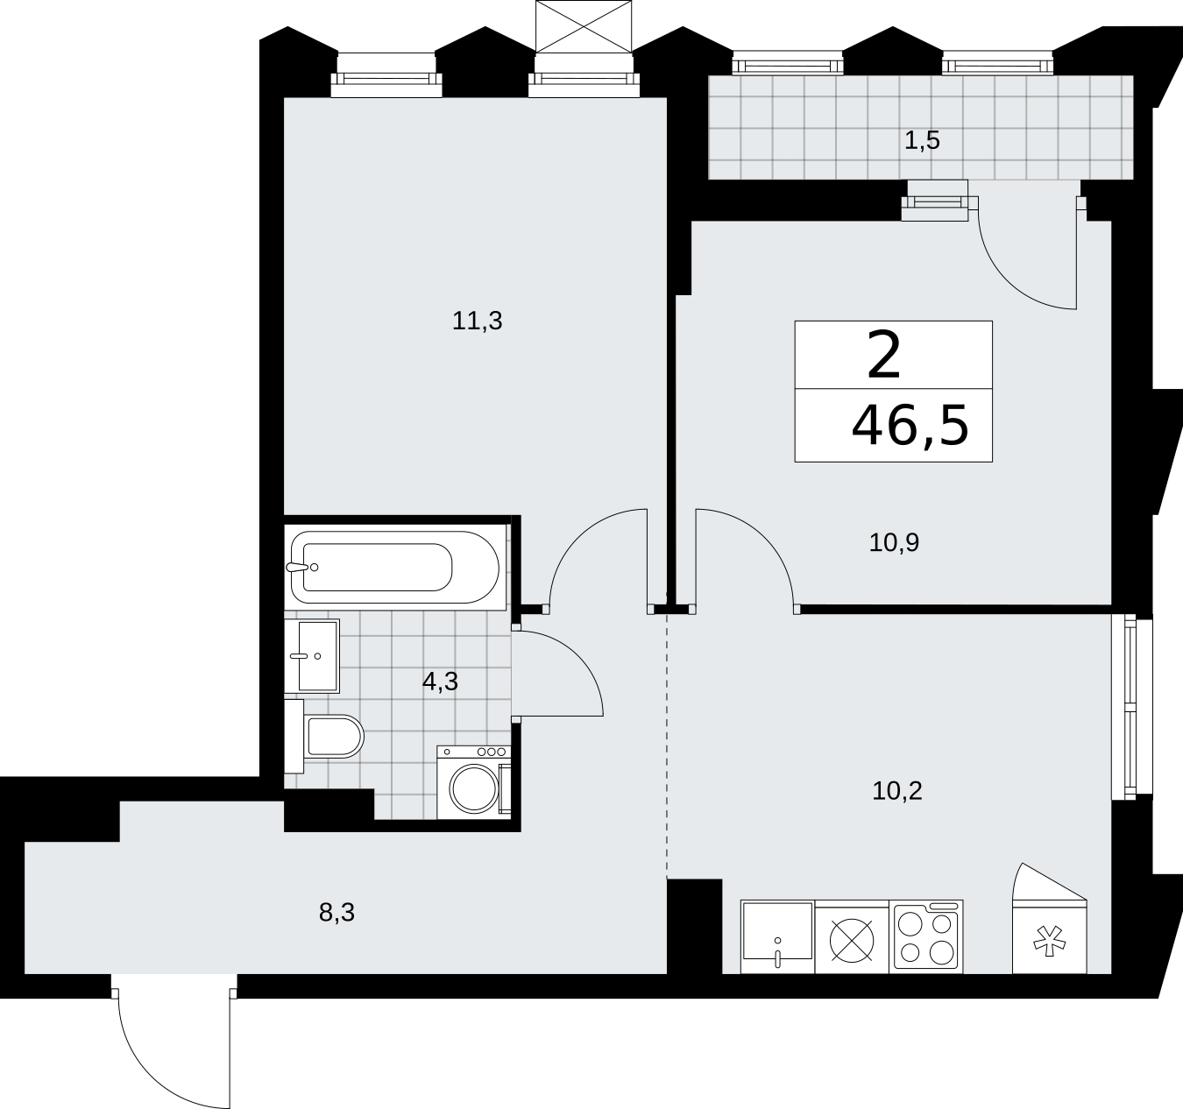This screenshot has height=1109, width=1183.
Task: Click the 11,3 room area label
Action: pyautogui.click(x=477, y=321)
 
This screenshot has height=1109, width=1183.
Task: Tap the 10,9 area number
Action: pyautogui.click(x=894, y=542)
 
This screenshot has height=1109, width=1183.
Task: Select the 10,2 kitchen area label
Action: pyautogui.click(x=897, y=791)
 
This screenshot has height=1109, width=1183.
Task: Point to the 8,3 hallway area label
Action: pyautogui.click(x=336, y=913)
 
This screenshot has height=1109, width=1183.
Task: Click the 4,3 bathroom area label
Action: pyautogui.click(x=440, y=682)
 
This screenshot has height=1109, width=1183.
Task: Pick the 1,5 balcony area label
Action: pyautogui.click(x=922, y=140)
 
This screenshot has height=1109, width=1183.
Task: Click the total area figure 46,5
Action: pyautogui.click(x=910, y=426)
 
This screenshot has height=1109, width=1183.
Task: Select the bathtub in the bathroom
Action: pyautogui.click(x=395, y=567)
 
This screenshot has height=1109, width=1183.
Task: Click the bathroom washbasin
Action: pyautogui.click(x=312, y=656)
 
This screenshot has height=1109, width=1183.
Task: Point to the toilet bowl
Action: pyautogui.click(x=324, y=736)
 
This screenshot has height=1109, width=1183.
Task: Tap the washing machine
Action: pyautogui.click(x=474, y=782)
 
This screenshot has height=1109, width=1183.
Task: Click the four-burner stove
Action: pyautogui.click(x=926, y=937)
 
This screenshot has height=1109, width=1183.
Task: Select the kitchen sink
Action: pyautogui.click(x=777, y=937)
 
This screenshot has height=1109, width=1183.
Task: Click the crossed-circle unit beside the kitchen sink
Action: pyautogui.click(x=852, y=937)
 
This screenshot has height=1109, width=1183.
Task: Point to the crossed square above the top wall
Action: pyautogui.click(x=583, y=27)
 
